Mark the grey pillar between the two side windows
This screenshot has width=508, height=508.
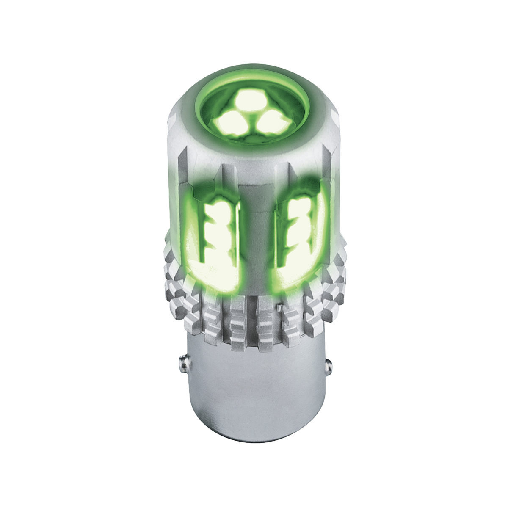(x=255, y=237)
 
